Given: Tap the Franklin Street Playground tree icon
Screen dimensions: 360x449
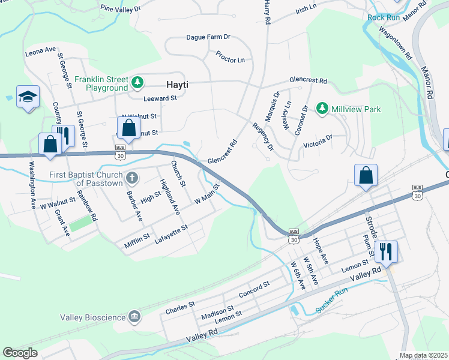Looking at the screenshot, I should click(138, 81).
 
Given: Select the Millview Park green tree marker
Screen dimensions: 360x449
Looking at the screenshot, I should click(322, 109).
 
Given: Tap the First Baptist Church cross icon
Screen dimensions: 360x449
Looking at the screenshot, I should click(132, 178).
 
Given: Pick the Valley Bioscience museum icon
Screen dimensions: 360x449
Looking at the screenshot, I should click(134, 317).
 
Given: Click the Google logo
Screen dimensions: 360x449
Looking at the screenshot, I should click(20, 353).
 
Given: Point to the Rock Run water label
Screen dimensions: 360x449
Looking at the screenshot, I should click(384, 17).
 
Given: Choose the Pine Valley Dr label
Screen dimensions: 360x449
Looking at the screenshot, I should click(120, 9).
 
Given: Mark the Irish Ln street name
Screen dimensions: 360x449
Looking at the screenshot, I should click(306, 9).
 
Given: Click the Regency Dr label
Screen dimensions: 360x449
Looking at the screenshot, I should click(262, 137).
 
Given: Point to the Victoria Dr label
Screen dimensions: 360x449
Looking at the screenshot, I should click(318, 142).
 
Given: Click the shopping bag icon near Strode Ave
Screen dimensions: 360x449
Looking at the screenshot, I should click(365, 175).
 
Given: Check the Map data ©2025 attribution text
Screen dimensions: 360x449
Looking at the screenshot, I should click(423, 355).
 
